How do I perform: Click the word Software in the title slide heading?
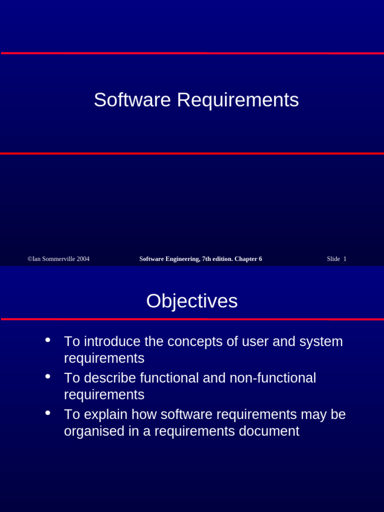[x=132, y=100]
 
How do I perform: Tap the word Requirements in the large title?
[x=237, y=100]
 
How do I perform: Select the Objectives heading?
[x=192, y=301]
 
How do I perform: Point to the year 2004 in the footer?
[x=83, y=259]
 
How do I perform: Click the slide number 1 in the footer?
[x=344, y=259]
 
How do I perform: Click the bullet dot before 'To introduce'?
[x=47, y=340]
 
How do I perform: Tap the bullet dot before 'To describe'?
[x=47, y=376]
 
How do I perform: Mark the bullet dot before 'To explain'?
[x=47, y=413]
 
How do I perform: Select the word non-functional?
[x=272, y=378]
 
